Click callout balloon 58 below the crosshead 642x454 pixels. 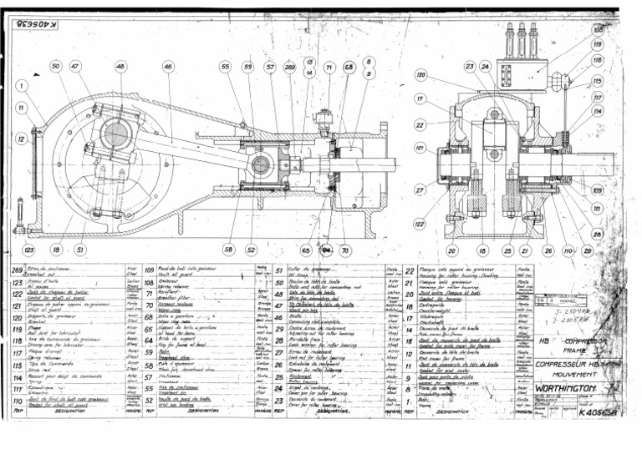pos(227,249)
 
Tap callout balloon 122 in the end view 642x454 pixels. pos(419,224)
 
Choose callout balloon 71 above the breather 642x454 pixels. pos(329,66)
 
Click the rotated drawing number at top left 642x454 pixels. pos(38,25)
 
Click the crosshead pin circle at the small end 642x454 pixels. pos(261,164)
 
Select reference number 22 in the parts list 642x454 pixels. pos(410,271)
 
